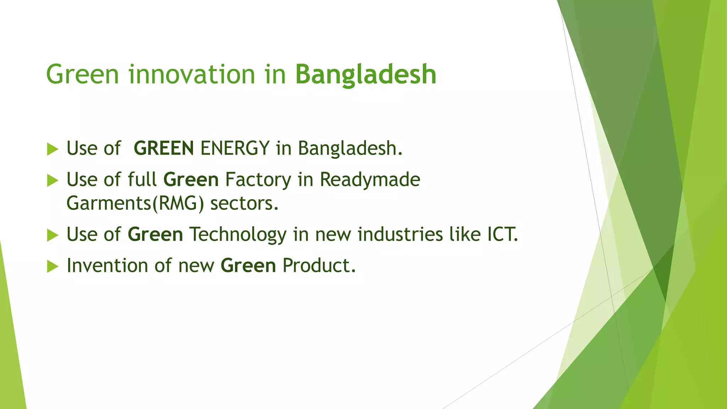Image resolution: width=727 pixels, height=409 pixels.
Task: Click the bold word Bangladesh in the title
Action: [366, 75]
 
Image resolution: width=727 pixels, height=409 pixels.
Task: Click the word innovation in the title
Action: [192, 75]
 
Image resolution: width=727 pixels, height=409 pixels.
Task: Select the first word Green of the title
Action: [82, 75]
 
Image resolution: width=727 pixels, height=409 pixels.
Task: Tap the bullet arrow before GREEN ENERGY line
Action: [52, 149]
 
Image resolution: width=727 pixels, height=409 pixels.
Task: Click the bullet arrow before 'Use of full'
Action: [52, 180]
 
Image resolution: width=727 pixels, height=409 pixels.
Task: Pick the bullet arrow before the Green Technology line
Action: [52, 235]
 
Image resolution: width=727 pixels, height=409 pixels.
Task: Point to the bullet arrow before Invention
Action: [52, 266]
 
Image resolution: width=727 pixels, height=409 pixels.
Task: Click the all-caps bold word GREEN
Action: [164, 148]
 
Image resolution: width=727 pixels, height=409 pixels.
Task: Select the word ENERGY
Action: [235, 148]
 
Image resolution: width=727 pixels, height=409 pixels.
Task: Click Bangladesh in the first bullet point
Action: [350, 148]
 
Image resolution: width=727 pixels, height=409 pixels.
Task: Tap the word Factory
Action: [258, 180]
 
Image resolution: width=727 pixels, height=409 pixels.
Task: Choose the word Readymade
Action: [370, 180]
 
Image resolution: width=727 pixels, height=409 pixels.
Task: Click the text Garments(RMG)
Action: [135, 204]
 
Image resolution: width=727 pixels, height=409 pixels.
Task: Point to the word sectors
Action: [244, 204]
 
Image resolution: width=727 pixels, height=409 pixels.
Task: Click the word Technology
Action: [237, 235]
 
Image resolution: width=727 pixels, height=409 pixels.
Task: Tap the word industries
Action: [400, 235]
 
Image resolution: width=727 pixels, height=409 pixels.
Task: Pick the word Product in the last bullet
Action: [318, 266]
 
